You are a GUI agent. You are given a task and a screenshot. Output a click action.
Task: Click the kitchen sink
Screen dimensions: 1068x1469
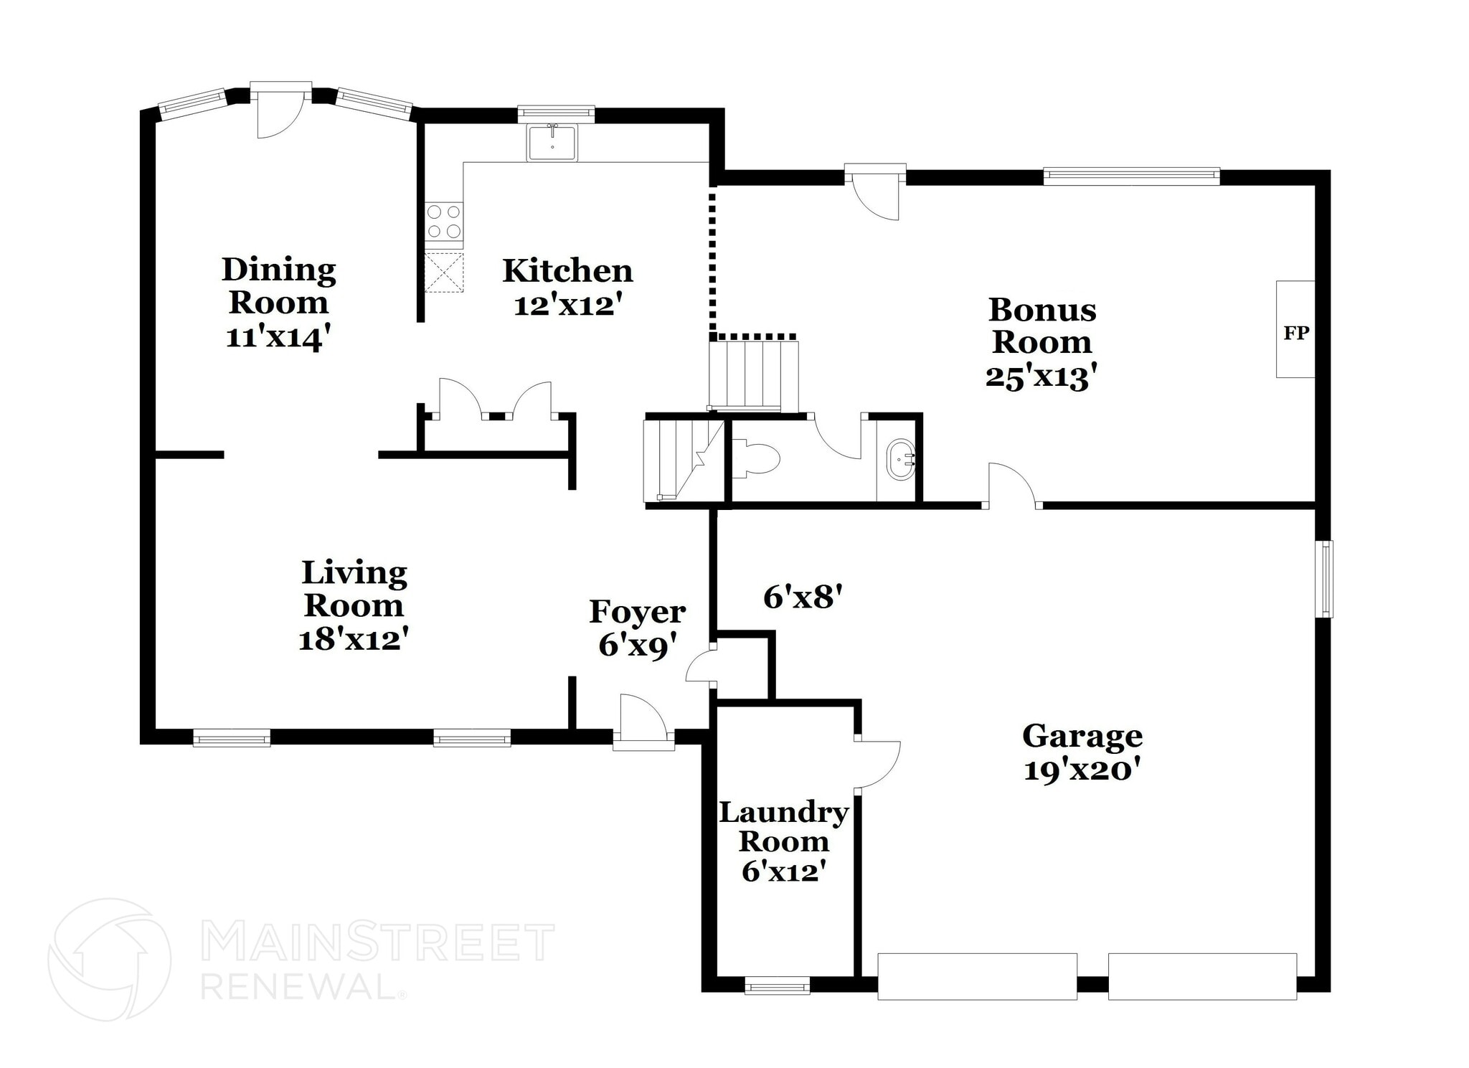click(x=552, y=143)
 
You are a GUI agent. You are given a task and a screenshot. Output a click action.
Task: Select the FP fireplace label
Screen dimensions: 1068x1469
click(x=1295, y=333)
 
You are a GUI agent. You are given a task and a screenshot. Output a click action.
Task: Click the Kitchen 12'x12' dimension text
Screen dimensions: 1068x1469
click(x=567, y=306)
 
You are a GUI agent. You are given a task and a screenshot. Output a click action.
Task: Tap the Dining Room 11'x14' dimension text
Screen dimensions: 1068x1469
click(x=278, y=336)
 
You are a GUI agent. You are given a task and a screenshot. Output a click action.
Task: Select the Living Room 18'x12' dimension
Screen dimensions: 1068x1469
click(x=353, y=638)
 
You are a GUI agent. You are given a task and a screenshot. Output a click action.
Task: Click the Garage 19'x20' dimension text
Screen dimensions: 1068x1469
click(x=1082, y=770)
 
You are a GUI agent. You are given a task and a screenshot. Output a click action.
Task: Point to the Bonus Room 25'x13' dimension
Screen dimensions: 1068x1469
click(x=1041, y=377)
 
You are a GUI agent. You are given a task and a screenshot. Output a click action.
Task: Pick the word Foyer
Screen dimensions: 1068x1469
click(x=637, y=612)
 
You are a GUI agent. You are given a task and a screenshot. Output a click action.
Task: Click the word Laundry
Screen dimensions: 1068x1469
click(x=783, y=813)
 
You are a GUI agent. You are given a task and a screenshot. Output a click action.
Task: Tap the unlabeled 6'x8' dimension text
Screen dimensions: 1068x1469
click(x=801, y=597)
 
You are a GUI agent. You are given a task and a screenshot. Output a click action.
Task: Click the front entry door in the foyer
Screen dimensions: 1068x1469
click(x=643, y=720)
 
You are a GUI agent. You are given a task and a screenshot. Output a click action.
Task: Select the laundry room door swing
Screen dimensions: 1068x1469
click(x=877, y=765)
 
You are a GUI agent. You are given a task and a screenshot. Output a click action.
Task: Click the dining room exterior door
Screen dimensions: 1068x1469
click(x=280, y=111)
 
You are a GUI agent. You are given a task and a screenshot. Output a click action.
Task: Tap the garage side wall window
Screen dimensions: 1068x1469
click(x=1324, y=578)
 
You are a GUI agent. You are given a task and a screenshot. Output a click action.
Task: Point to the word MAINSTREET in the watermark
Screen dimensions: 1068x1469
click(x=378, y=942)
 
